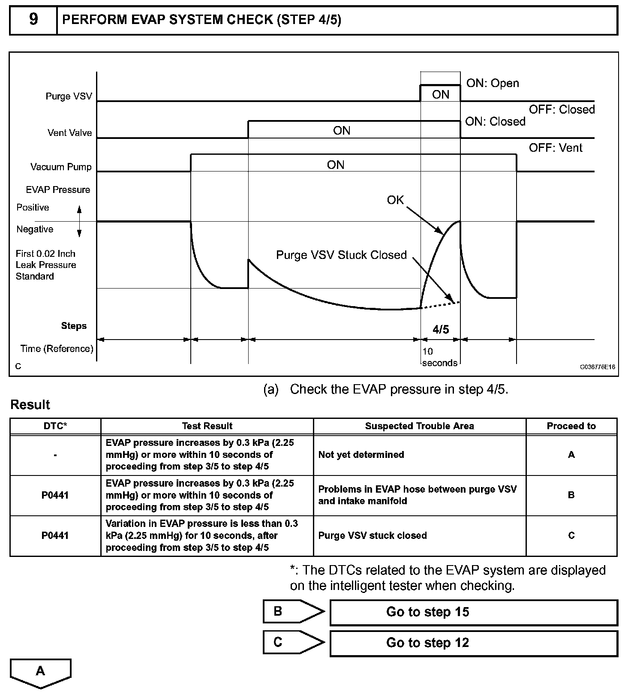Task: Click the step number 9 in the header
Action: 33,20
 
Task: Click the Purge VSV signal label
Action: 69,96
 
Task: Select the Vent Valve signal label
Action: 69,133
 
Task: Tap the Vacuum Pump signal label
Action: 61,167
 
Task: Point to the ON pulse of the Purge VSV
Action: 440,94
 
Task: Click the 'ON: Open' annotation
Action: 493,83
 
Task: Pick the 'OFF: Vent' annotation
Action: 556,148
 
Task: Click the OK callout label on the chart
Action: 395,200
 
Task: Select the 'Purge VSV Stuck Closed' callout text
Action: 341,255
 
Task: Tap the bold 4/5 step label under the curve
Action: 441,329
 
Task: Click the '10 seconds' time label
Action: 439,357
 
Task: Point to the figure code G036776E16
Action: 598,367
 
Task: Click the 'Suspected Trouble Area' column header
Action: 419,426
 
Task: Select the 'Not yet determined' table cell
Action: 361,454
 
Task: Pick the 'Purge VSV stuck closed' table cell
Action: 373,536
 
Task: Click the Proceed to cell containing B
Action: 571,495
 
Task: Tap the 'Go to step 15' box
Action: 473,612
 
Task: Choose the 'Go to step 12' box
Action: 473,643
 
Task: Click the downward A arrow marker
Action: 40,671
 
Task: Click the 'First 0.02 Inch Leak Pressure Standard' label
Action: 46,265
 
